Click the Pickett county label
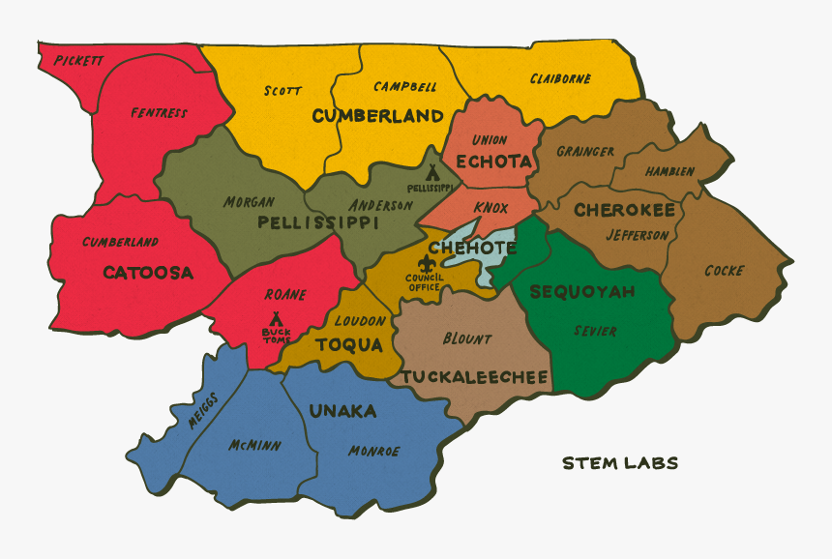coord(78,60)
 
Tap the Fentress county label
coord(159,113)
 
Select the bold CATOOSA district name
coord(148,273)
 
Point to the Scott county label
coord(282,91)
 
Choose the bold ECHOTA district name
coord(492,162)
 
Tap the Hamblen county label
coord(669,171)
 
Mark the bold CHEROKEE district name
coord(624,210)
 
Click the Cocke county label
coord(724,271)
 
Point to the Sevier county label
coord(595,331)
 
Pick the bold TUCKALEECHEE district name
coord(475,376)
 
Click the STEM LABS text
coord(620,463)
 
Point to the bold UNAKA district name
coord(342,412)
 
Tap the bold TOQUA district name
coord(349,344)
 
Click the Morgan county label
coord(249,202)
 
